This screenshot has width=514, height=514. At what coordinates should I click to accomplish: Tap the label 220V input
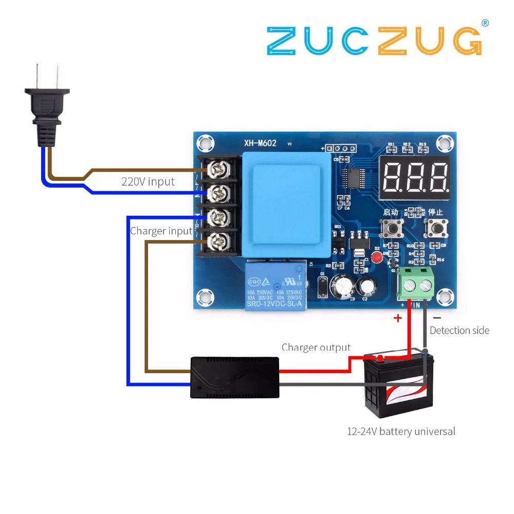click(148, 181)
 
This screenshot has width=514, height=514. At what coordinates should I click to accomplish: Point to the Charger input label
click(161, 231)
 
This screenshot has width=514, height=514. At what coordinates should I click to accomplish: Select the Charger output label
click(316, 347)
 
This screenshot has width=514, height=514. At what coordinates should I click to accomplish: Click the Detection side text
click(459, 331)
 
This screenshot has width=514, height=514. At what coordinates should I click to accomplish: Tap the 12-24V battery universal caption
click(401, 431)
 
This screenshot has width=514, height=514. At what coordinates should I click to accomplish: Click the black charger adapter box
click(235, 378)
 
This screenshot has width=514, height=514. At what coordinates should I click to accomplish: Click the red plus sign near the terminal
click(397, 318)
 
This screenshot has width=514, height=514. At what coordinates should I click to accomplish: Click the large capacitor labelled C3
click(340, 286)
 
